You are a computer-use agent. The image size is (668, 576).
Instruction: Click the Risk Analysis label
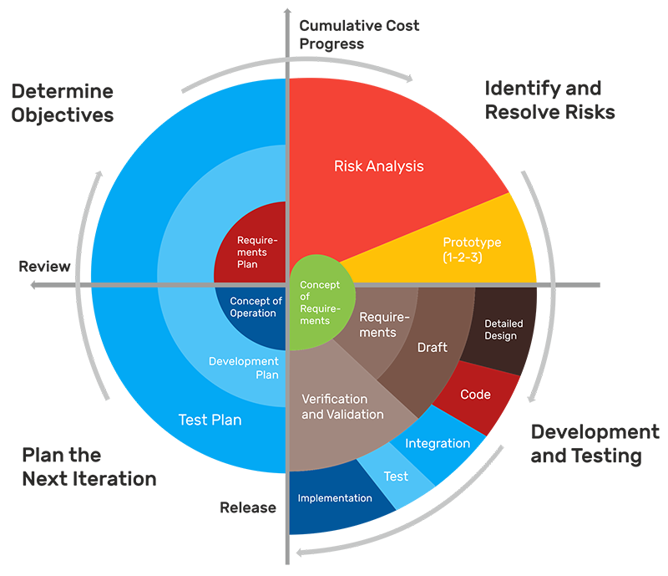coord(378,166)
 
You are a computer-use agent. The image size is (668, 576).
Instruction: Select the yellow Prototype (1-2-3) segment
coord(472,249)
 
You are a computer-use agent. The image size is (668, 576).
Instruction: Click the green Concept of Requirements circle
coord(320,303)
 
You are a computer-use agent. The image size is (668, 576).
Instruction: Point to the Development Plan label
coord(243,368)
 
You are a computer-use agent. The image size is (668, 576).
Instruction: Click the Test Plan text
coord(210,420)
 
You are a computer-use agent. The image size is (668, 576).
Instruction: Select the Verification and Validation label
coord(342,406)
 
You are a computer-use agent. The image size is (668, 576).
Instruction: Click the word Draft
coord(432,348)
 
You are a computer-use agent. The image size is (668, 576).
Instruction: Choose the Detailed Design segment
coord(500,329)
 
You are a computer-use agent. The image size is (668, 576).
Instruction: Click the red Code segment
coord(475,394)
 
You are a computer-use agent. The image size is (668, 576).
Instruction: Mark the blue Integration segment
coord(437,443)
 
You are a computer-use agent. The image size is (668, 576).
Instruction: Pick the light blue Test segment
coord(395,477)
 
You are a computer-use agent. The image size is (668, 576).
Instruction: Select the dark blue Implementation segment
coord(334,498)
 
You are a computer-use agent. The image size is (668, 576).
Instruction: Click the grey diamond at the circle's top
coord(288,69)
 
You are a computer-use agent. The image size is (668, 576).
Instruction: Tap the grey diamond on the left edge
coord(83,285)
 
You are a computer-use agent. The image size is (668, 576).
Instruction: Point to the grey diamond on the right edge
coord(545,286)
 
